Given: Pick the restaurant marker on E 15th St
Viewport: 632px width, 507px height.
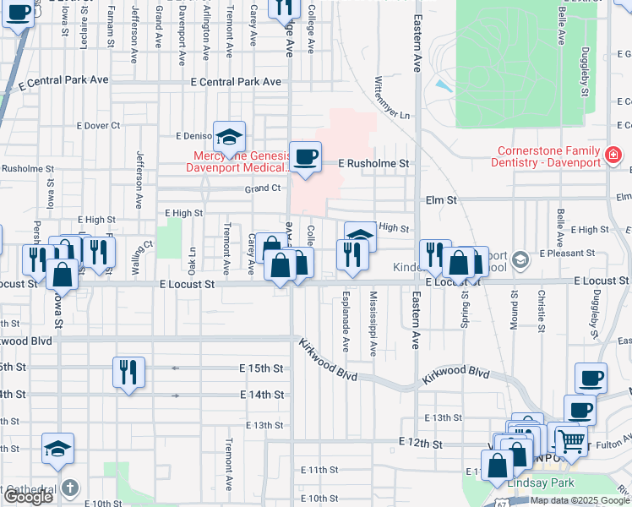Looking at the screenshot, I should click(x=128, y=373).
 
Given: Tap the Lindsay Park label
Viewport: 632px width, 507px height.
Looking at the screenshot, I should click(x=540, y=482).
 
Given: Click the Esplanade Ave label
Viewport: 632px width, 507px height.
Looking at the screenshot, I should click(x=346, y=322).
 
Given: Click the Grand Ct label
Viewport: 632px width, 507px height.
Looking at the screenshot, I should click(x=262, y=188).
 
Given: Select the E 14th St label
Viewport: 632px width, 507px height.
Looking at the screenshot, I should click(x=262, y=395).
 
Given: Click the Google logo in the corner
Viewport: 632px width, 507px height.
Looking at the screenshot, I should click(x=28, y=497).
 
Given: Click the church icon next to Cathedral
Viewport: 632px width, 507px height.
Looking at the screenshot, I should click(x=70, y=488).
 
